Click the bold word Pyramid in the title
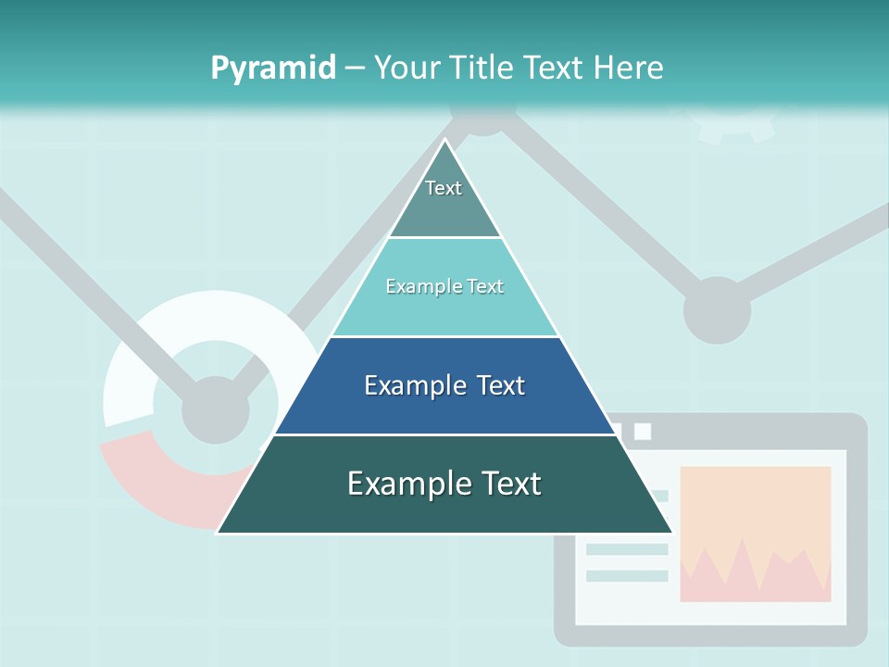coord(273,69)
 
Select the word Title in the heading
coord(482,68)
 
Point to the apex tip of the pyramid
coord(445,143)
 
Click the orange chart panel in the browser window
coord(755,505)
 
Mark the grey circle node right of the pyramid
coord(717,309)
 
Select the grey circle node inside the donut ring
coord(216,409)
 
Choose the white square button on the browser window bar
coord(643,432)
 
